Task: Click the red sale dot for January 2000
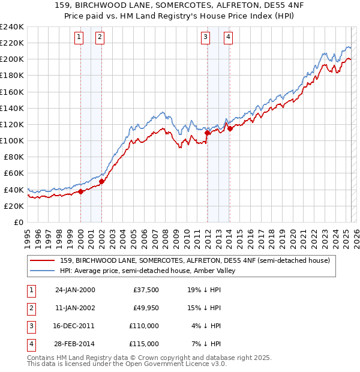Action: coord(80,192)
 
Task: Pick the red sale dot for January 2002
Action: coord(101,181)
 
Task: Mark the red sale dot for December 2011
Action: coord(207,133)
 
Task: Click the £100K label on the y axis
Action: coord(12,140)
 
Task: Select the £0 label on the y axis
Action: coord(18,222)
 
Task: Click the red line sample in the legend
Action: coord(42,261)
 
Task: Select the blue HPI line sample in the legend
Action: coord(42,271)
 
